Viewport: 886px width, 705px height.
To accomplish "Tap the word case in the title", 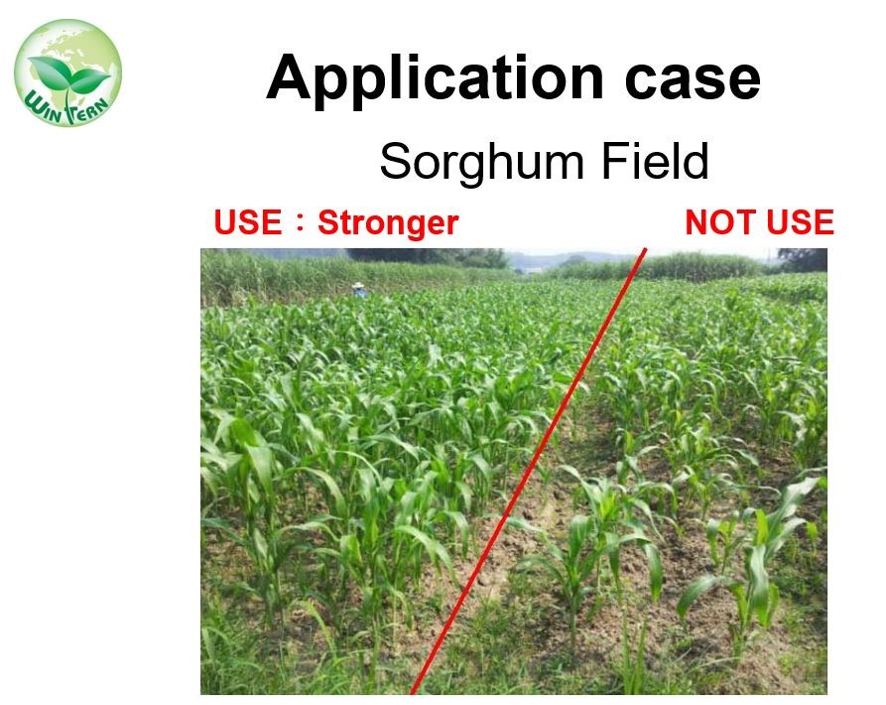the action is coord(693,80).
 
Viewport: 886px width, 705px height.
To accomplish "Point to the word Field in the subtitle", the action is coord(655,161).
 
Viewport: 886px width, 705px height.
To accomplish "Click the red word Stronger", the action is coord(388,222).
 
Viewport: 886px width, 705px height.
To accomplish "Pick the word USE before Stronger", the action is coord(248,221).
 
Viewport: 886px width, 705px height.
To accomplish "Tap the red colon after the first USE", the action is coord(300,222).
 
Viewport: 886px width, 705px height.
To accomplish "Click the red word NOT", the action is coord(720,221).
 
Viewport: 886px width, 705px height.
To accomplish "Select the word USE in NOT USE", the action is coord(800,221).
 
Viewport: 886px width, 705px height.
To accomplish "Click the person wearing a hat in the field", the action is coord(359,290).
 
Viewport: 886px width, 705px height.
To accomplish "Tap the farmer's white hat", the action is coord(359,286).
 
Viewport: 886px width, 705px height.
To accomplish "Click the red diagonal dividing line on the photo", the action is coord(528,471).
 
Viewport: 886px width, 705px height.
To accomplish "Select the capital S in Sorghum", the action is coord(396,162).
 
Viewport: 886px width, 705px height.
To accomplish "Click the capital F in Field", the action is coord(614,162).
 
